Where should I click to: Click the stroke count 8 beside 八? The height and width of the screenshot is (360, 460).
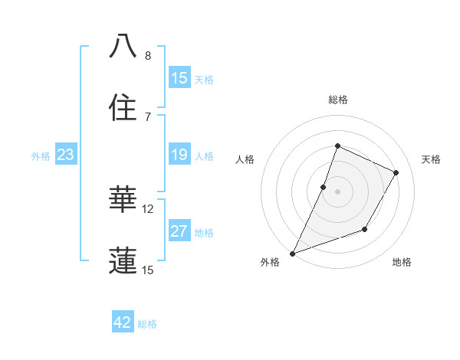(148, 56)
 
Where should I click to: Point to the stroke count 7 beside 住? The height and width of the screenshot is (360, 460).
(148, 116)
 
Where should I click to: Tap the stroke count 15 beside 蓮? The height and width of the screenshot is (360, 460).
(148, 270)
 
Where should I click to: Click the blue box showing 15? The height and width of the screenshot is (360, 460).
(179, 78)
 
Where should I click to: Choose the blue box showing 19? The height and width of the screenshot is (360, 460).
(179, 155)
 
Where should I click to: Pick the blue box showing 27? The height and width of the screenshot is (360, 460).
(179, 231)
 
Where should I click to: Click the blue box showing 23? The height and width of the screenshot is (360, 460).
(66, 155)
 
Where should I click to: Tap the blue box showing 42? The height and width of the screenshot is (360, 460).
(123, 322)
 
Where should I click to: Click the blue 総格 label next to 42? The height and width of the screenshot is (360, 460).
(147, 324)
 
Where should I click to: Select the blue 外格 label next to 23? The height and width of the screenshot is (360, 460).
(41, 156)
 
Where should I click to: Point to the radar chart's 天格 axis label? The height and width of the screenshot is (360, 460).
(432, 159)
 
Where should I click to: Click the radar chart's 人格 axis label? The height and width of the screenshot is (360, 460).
(245, 159)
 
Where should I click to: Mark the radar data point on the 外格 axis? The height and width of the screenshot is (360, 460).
(292, 253)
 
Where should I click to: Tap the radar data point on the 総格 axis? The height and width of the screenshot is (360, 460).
(337, 146)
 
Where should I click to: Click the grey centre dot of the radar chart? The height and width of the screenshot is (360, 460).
(337, 191)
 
